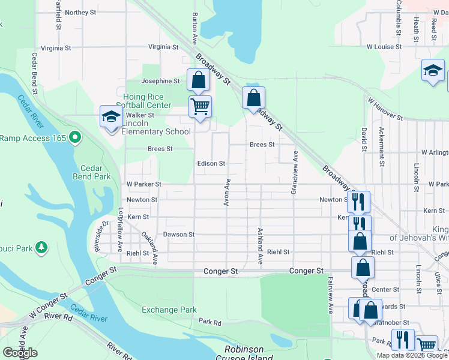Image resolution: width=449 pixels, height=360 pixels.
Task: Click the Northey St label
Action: point(80,13)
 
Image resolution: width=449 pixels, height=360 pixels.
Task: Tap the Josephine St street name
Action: point(160,81)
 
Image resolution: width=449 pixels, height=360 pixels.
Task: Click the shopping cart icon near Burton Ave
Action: point(200,107)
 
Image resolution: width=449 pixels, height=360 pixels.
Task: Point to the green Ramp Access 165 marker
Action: point(75,138)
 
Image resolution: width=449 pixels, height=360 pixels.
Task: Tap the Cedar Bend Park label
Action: point(92,172)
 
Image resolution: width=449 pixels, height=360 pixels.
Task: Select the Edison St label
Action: point(211,163)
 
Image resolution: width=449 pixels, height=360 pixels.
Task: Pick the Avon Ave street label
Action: point(227,192)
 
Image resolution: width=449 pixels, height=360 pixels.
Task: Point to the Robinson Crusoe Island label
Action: point(244,353)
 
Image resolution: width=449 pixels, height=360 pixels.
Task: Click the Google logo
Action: point(20,353)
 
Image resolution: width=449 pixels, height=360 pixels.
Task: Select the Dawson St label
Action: point(178,235)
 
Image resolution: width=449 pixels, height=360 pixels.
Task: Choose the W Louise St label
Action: point(384,47)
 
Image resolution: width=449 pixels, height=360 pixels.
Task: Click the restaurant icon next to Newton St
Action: point(358,201)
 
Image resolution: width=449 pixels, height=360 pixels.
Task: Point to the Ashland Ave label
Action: point(261,246)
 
